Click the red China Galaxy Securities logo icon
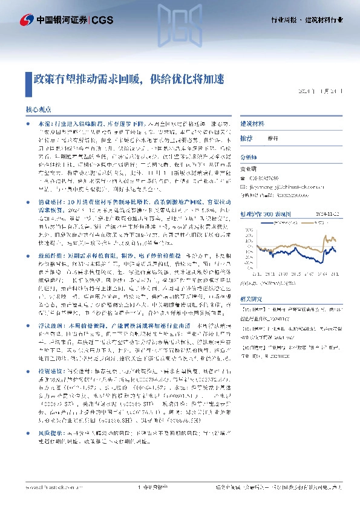(27, 21)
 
